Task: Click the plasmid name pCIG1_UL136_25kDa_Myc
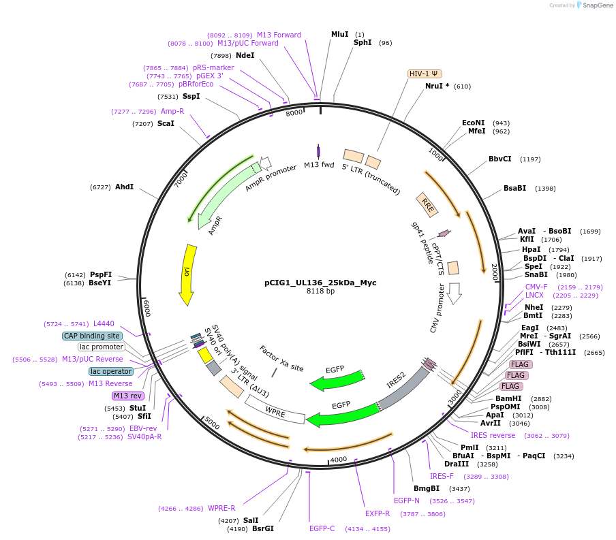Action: click(x=320, y=283)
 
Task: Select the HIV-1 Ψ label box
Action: click(x=425, y=74)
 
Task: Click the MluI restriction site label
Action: click(x=339, y=34)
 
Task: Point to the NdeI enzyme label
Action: click(x=245, y=55)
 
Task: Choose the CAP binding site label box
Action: click(x=92, y=336)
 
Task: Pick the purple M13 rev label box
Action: click(x=128, y=396)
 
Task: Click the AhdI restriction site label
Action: click(x=124, y=187)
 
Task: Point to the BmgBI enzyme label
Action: click(x=427, y=488)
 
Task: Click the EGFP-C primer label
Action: click(x=322, y=528)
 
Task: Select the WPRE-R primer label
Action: click(x=221, y=508)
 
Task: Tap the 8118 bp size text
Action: click(x=320, y=291)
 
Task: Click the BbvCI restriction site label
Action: click(x=499, y=159)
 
